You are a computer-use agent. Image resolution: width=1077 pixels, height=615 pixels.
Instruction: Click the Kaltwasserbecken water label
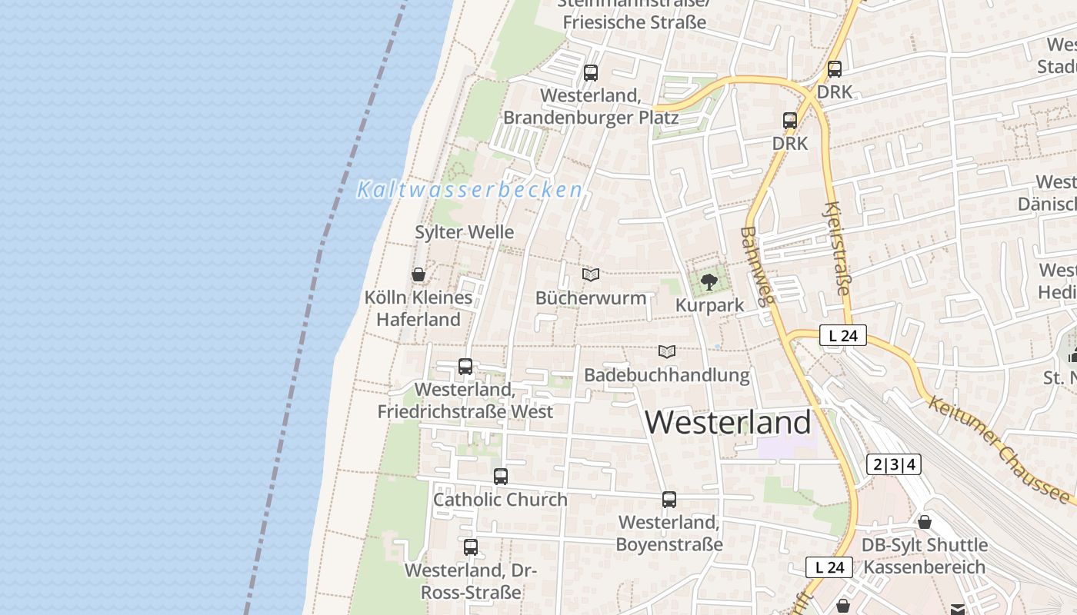click(x=469, y=190)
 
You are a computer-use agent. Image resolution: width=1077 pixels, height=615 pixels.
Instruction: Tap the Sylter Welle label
click(x=464, y=232)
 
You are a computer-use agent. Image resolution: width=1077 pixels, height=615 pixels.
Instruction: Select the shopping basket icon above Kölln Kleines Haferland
click(x=418, y=274)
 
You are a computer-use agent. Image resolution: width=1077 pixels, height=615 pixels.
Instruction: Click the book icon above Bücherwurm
click(x=591, y=274)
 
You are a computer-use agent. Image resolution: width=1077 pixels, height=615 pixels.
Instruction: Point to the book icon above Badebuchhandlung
click(x=667, y=351)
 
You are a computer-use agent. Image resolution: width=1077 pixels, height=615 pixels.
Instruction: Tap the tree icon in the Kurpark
click(x=709, y=281)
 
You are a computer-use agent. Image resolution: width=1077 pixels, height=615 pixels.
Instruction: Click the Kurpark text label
click(x=709, y=305)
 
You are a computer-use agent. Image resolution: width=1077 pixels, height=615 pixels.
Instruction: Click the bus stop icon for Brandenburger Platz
click(x=591, y=73)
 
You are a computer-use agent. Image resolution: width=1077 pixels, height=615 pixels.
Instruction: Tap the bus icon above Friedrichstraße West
click(x=465, y=366)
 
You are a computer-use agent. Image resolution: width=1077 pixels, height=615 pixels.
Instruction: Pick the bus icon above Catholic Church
click(x=501, y=477)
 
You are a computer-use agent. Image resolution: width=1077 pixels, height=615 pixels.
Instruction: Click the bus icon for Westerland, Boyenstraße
click(x=669, y=500)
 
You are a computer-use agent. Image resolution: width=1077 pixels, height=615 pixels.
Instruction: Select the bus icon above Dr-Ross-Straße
click(x=471, y=547)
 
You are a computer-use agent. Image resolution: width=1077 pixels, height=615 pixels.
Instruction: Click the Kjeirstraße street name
click(x=838, y=248)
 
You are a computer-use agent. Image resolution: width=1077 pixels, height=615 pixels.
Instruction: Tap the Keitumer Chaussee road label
click(x=999, y=449)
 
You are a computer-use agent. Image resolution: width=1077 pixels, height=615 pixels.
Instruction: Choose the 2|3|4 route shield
click(x=893, y=464)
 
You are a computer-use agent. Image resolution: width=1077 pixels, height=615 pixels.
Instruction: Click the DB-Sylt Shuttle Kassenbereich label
click(x=925, y=556)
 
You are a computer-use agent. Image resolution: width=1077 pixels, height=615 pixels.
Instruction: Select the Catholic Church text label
click(x=500, y=500)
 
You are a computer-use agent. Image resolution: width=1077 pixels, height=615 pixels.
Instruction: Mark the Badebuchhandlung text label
click(x=667, y=375)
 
